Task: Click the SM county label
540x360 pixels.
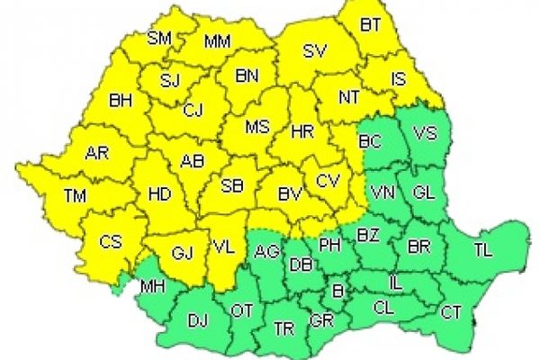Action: point(161,39)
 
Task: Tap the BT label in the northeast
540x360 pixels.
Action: point(371,26)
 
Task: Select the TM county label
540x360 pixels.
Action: point(77,196)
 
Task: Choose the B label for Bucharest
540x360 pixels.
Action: point(337,291)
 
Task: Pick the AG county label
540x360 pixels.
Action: point(265,251)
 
